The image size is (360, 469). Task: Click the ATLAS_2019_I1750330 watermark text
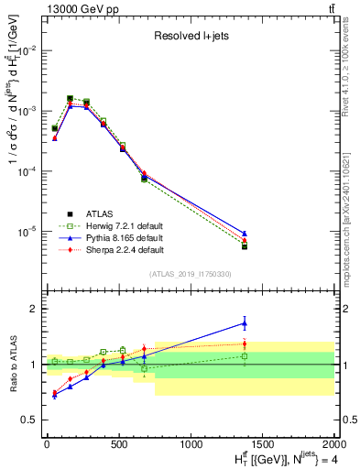point(190,274)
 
